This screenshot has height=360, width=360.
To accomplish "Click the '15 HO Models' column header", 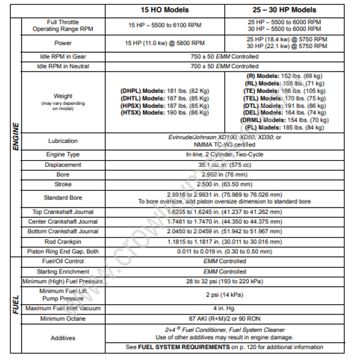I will [x=164, y=10].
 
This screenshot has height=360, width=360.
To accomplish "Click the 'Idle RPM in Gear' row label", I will [x=63, y=56].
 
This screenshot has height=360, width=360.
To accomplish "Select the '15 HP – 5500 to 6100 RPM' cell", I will [x=164, y=25].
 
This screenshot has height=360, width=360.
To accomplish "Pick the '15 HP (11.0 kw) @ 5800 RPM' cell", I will [x=164, y=43].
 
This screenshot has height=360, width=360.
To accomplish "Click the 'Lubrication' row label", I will [x=63, y=141].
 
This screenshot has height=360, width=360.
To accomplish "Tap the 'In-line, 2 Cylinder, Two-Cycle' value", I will [x=223, y=155].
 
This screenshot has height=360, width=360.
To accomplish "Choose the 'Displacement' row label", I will [x=63, y=164].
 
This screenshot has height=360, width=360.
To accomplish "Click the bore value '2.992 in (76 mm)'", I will [x=223, y=173].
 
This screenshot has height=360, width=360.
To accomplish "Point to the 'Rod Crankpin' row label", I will [x=63, y=241].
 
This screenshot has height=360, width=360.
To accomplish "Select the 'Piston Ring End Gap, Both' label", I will [x=63, y=251].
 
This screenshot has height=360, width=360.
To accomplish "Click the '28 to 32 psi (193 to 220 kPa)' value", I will [x=223, y=281].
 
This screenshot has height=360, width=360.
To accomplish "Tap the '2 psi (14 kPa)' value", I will [x=223, y=295].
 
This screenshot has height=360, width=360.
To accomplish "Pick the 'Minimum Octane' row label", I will [x=63, y=318].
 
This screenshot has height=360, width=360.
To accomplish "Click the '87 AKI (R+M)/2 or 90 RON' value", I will [x=223, y=318].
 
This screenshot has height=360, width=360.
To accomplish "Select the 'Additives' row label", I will [x=63, y=338].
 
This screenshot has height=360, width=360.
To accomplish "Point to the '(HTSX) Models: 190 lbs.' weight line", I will [x=164, y=112].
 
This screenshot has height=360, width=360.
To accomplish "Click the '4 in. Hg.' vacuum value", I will [x=223, y=308].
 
